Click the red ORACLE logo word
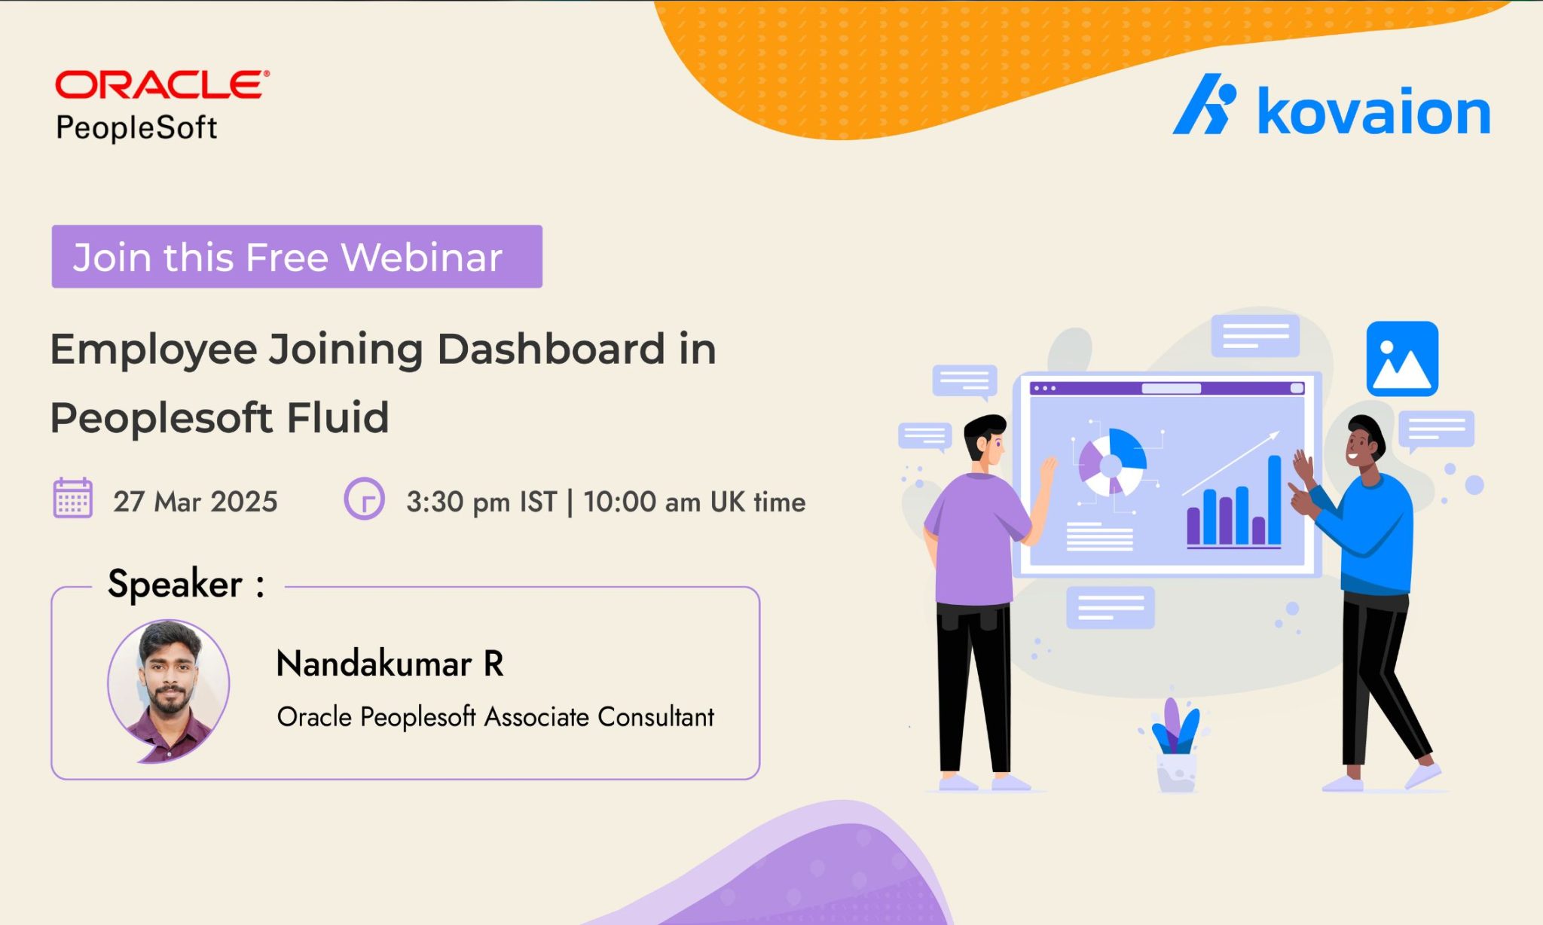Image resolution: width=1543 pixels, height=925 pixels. click(x=162, y=84)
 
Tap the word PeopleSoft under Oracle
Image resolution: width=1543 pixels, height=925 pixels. click(x=136, y=127)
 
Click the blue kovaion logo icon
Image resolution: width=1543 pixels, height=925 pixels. click(x=1205, y=104)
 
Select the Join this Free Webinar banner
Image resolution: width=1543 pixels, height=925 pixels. click(x=297, y=256)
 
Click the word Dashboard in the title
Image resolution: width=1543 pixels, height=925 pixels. click(x=551, y=349)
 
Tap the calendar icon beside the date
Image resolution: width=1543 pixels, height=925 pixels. click(x=73, y=498)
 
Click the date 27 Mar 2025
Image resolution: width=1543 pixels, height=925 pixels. click(x=195, y=502)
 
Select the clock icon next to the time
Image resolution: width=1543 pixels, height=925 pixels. click(x=364, y=499)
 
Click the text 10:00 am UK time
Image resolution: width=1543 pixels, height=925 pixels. click(x=694, y=502)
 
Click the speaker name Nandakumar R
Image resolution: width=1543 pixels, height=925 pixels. click(x=390, y=664)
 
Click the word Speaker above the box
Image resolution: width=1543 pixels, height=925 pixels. click(x=175, y=584)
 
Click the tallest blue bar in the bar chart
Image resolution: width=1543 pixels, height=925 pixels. click(x=1274, y=499)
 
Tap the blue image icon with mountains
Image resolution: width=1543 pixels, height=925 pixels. click(x=1402, y=359)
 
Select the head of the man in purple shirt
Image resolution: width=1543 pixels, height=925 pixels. click(x=985, y=439)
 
